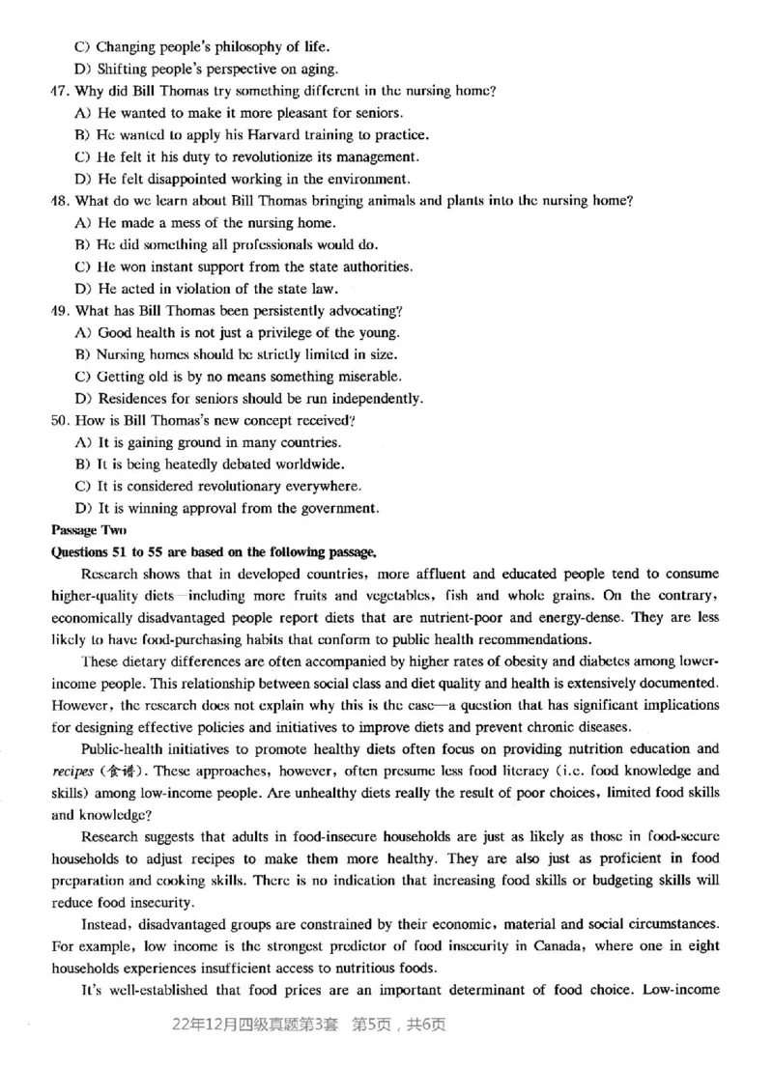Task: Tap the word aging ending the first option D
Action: (317, 69)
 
